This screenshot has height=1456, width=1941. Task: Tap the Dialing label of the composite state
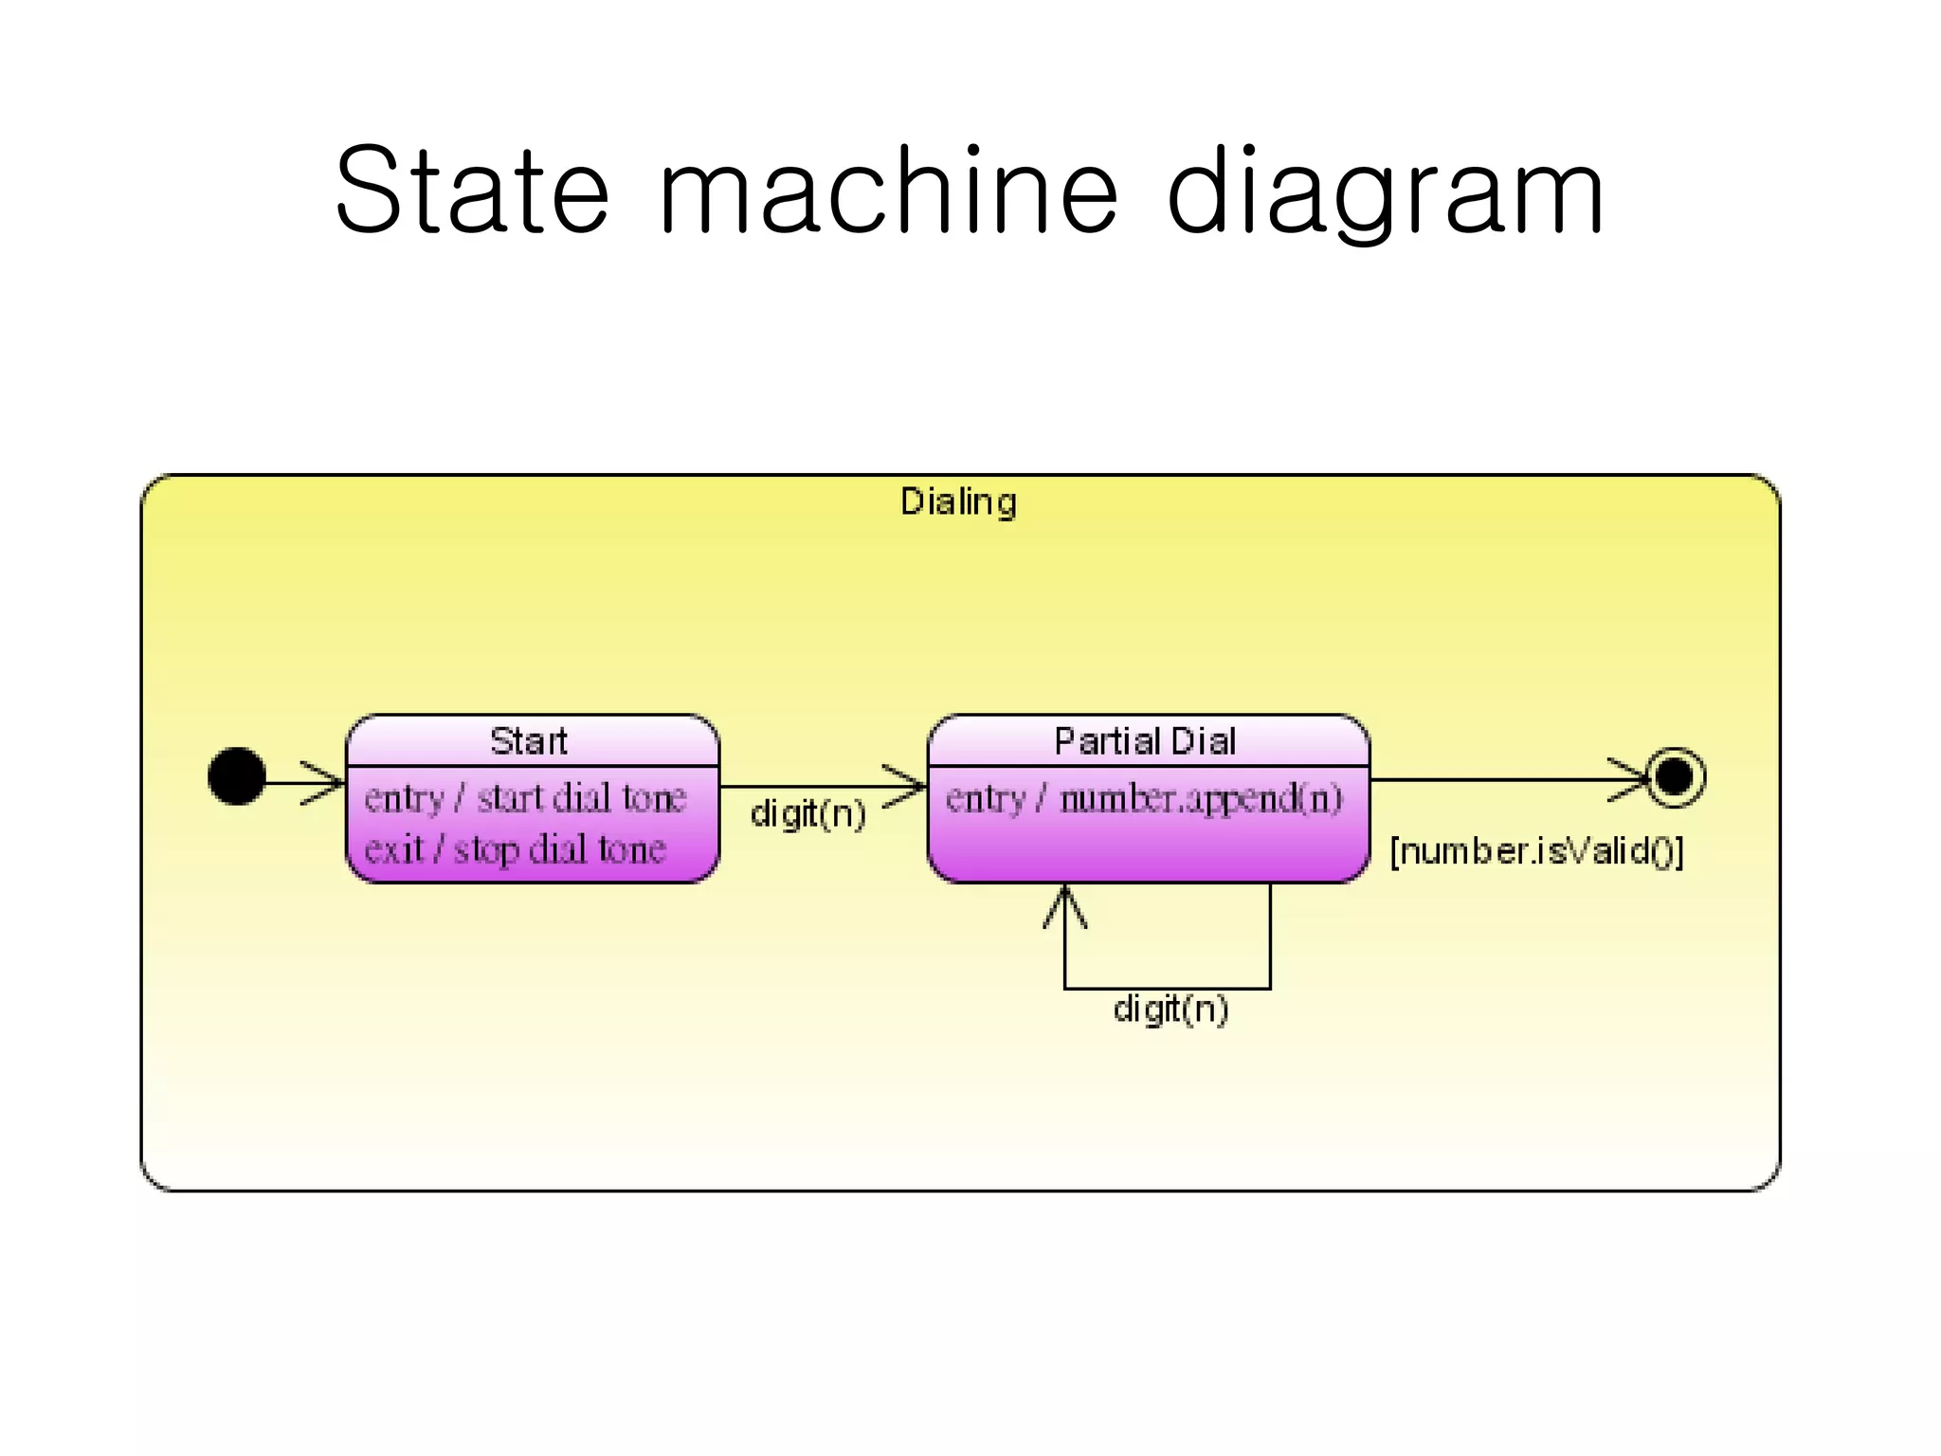[x=958, y=501]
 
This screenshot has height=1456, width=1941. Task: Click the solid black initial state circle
[x=236, y=776]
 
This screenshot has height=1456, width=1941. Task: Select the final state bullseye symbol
[x=1676, y=777]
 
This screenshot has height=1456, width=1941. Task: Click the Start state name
[x=529, y=741]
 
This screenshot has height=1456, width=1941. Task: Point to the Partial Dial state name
[x=1145, y=741]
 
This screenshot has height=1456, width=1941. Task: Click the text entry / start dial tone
[x=525, y=798]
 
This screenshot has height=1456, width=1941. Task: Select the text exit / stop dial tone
[x=515, y=849]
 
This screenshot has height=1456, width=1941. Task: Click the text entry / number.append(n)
[x=1144, y=798]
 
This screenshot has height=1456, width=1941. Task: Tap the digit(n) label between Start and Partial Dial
[x=807, y=813]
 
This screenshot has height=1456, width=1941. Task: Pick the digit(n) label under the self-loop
[x=1170, y=1009]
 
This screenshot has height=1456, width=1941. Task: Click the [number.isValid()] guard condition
[x=1536, y=851]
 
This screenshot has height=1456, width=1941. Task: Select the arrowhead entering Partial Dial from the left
[x=908, y=786]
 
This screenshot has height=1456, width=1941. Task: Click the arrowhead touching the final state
[x=1632, y=780]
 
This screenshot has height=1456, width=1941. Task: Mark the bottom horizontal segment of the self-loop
[x=1167, y=989]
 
